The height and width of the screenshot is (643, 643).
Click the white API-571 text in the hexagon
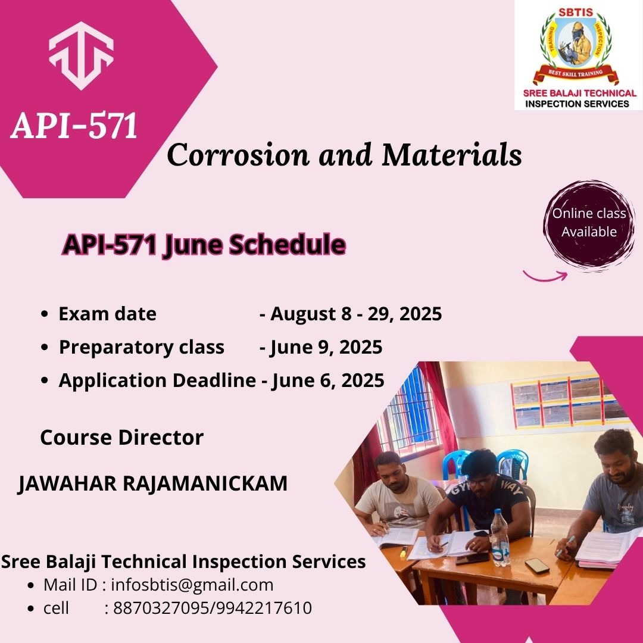coord(74,125)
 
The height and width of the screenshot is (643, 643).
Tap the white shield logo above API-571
coord(81,55)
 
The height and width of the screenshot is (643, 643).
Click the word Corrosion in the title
coord(238,155)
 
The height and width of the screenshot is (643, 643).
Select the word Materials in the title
coord(451,154)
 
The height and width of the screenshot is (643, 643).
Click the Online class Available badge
coord(589,226)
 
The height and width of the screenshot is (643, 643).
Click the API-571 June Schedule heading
coord(204,245)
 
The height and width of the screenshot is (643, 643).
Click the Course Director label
coord(122,437)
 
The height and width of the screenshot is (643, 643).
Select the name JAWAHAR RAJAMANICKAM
coord(152,483)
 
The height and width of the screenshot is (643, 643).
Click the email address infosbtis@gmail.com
coord(192,585)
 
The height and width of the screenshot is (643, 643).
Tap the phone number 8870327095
coord(161,608)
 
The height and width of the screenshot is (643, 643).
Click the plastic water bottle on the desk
coord(500,538)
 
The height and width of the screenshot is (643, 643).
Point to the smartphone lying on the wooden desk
coord(537,566)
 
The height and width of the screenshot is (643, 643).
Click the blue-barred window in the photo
coord(410,410)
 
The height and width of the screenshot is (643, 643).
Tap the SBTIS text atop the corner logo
coord(576,13)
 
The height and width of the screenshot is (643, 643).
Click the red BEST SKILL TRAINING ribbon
coord(576,74)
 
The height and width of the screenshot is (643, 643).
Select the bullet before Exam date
coord(45,314)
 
